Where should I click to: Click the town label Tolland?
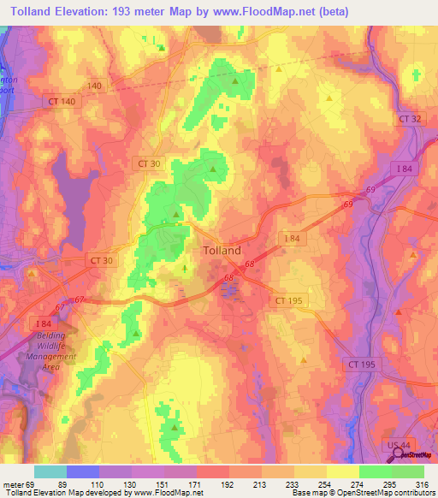point(222,251)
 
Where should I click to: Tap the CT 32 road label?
point(410,118)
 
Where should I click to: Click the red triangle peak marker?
point(399,311)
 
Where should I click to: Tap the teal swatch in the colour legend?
point(50,471)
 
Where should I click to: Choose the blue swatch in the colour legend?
point(83,471)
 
